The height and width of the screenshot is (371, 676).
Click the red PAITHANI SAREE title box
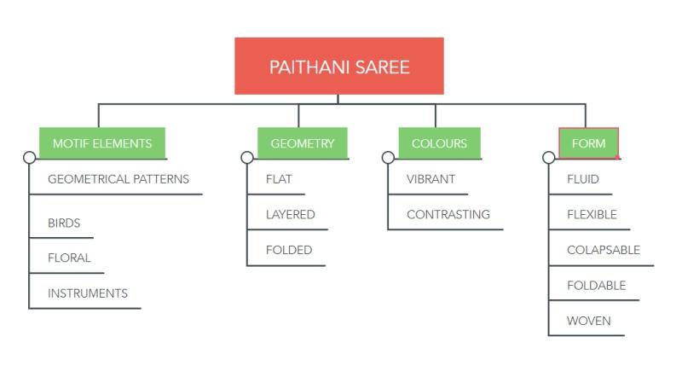(338, 66)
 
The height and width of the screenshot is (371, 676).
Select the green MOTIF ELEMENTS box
(102, 143)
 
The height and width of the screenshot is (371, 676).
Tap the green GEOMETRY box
(303, 143)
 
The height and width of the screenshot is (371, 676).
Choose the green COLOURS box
(439, 143)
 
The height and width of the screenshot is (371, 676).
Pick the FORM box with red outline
(588, 143)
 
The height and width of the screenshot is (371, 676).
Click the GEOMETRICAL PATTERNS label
(118, 179)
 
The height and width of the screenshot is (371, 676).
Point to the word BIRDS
(64, 223)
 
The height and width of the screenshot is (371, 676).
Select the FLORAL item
(69, 258)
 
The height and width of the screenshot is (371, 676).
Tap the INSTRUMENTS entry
(88, 293)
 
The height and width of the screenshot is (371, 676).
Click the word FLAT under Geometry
(279, 179)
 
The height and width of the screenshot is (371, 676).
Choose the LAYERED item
(291, 215)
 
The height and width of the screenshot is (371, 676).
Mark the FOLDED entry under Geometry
(289, 250)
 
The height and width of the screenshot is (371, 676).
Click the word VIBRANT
(430, 179)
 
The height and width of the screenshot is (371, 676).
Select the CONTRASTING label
(448, 215)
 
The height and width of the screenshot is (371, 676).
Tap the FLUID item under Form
(583, 179)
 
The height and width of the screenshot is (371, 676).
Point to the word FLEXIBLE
(592, 215)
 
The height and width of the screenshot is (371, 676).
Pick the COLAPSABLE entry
(604, 250)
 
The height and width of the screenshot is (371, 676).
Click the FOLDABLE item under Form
(597, 286)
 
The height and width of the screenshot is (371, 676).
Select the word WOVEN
(589, 322)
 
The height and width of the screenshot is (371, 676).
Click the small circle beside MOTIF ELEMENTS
(29, 158)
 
